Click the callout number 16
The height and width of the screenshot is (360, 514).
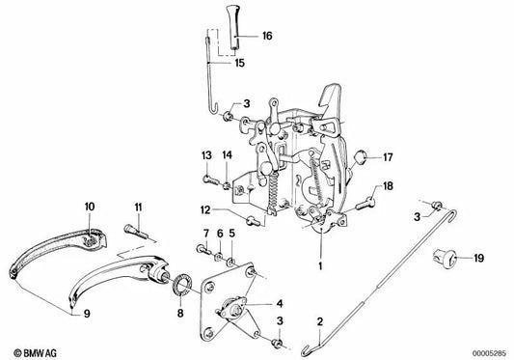pyautogui.click(x=267, y=36)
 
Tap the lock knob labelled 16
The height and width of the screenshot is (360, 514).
pyautogui.click(x=233, y=28)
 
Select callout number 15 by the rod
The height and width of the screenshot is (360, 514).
pyautogui.click(x=239, y=63)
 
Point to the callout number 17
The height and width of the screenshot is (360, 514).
pyautogui.click(x=388, y=157)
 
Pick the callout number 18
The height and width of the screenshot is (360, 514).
pyautogui.click(x=388, y=186)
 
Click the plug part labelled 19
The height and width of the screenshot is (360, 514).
pyautogui.click(x=444, y=258)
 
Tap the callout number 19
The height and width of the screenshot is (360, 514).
pyautogui.click(x=479, y=258)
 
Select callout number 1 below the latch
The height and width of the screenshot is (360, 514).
pyautogui.click(x=320, y=265)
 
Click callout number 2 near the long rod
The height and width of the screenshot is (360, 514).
pyautogui.click(x=320, y=321)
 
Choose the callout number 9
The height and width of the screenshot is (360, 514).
pyautogui.click(x=87, y=314)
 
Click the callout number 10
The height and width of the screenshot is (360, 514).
pyautogui.click(x=90, y=207)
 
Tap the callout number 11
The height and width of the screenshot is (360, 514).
pyautogui.click(x=138, y=208)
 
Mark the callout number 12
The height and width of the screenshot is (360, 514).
pyautogui.click(x=205, y=209)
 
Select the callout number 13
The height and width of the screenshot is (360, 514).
pyautogui.click(x=206, y=154)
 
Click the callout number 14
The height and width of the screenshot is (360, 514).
pyautogui.click(x=228, y=154)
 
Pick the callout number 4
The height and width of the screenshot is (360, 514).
pyautogui.click(x=280, y=304)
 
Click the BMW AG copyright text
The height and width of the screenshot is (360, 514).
pyautogui.click(x=36, y=353)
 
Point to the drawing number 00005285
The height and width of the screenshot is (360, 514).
pyautogui.click(x=490, y=354)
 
